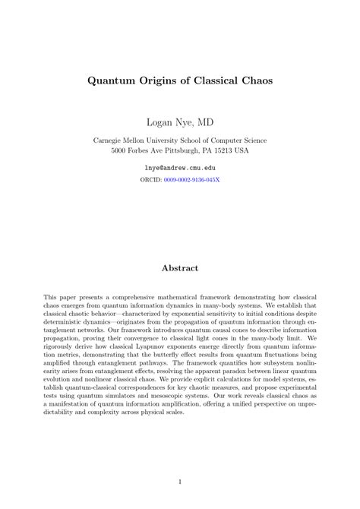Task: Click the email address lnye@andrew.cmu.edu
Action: click(179, 167)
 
